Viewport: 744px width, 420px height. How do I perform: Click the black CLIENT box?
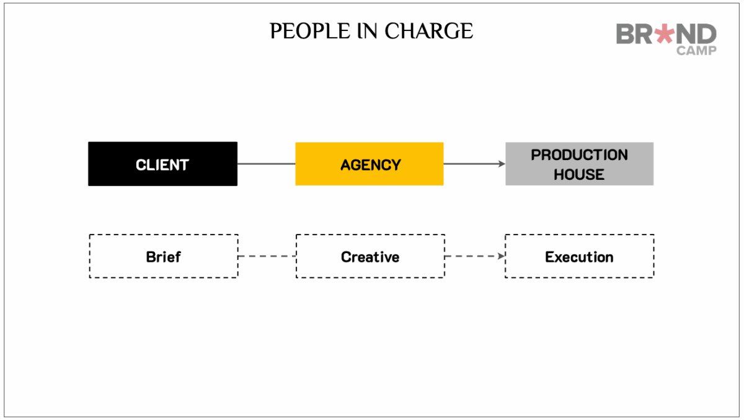(162, 164)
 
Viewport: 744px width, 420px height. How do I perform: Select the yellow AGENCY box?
(370, 164)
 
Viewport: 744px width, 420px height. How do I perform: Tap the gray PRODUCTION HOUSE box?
(580, 164)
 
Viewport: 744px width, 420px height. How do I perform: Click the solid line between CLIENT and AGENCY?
(267, 164)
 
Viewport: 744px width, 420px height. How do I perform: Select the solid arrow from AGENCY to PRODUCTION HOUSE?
(475, 164)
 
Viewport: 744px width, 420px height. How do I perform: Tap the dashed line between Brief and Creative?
(267, 256)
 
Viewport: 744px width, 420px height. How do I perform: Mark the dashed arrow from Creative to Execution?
(475, 256)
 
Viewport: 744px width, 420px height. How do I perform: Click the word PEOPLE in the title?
(309, 31)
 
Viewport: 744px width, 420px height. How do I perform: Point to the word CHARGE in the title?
(429, 31)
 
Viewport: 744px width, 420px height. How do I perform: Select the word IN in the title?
(367, 31)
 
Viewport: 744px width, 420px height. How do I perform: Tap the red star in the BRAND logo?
(664, 34)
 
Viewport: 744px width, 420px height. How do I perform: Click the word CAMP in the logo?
(696, 51)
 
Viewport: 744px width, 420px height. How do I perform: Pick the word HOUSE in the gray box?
(579, 175)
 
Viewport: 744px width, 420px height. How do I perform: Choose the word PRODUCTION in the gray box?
(579, 155)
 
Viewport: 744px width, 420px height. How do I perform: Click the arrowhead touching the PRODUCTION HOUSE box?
(502, 164)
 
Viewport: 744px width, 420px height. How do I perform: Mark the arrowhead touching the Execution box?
(501, 256)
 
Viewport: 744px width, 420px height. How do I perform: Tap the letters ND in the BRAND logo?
(696, 34)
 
